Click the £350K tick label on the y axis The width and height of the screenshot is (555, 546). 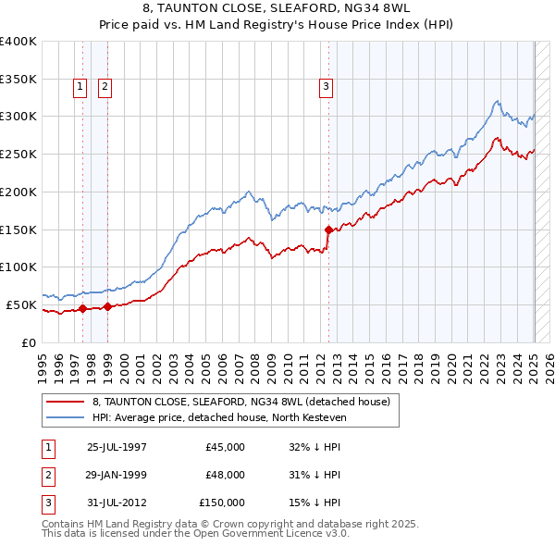(x=18, y=79)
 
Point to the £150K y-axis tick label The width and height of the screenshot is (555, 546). (x=18, y=230)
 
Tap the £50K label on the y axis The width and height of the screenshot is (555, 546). (x=22, y=304)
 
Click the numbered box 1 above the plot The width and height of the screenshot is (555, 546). (x=81, y=87)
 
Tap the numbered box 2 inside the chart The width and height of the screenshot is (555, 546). (x=105, y=87)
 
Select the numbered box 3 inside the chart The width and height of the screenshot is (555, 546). (x=327, y=87)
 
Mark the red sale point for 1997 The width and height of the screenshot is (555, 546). (x=83, y=308)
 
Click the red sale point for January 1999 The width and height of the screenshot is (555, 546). (x=107, y=306)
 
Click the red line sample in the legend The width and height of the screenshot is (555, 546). (x=65, y=402)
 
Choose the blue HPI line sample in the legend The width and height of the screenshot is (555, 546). (x=65, y=417)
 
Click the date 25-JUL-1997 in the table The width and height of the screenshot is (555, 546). (x=117, y=447)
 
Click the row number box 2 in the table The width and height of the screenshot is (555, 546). (x=45, y=475)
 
